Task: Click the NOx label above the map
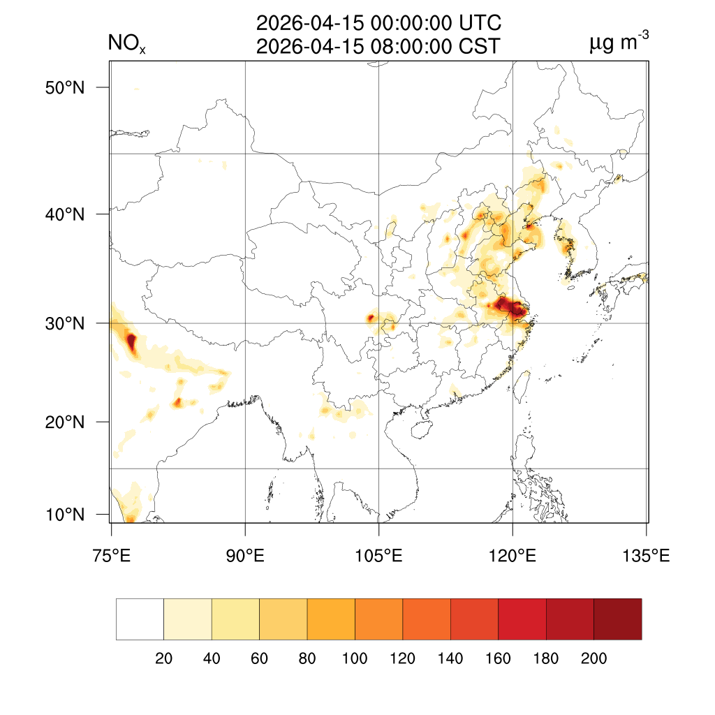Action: pyautogui.click(x=126, y=45)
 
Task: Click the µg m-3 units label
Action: pyautogui.click(x=619, y=44)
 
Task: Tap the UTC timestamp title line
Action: pyautogui.click(x=378, y=24)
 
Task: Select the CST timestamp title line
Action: pyautogui.click(x=378, y=47)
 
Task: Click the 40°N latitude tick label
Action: pyautogui.click(x=66, y=214)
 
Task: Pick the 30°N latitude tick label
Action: pyautogui.click(x=66, y=323)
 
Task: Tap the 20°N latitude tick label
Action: pyautogui.click(x=66, y=422)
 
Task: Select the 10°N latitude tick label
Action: pyautogui.click(x=66, y=515)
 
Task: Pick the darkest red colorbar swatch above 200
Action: pyautogui.click(x=617, y=619)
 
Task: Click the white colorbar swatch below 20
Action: pyautogui.click(x=140, y=619)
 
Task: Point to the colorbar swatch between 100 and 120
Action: pyautogui.click(x=378, y=619)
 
